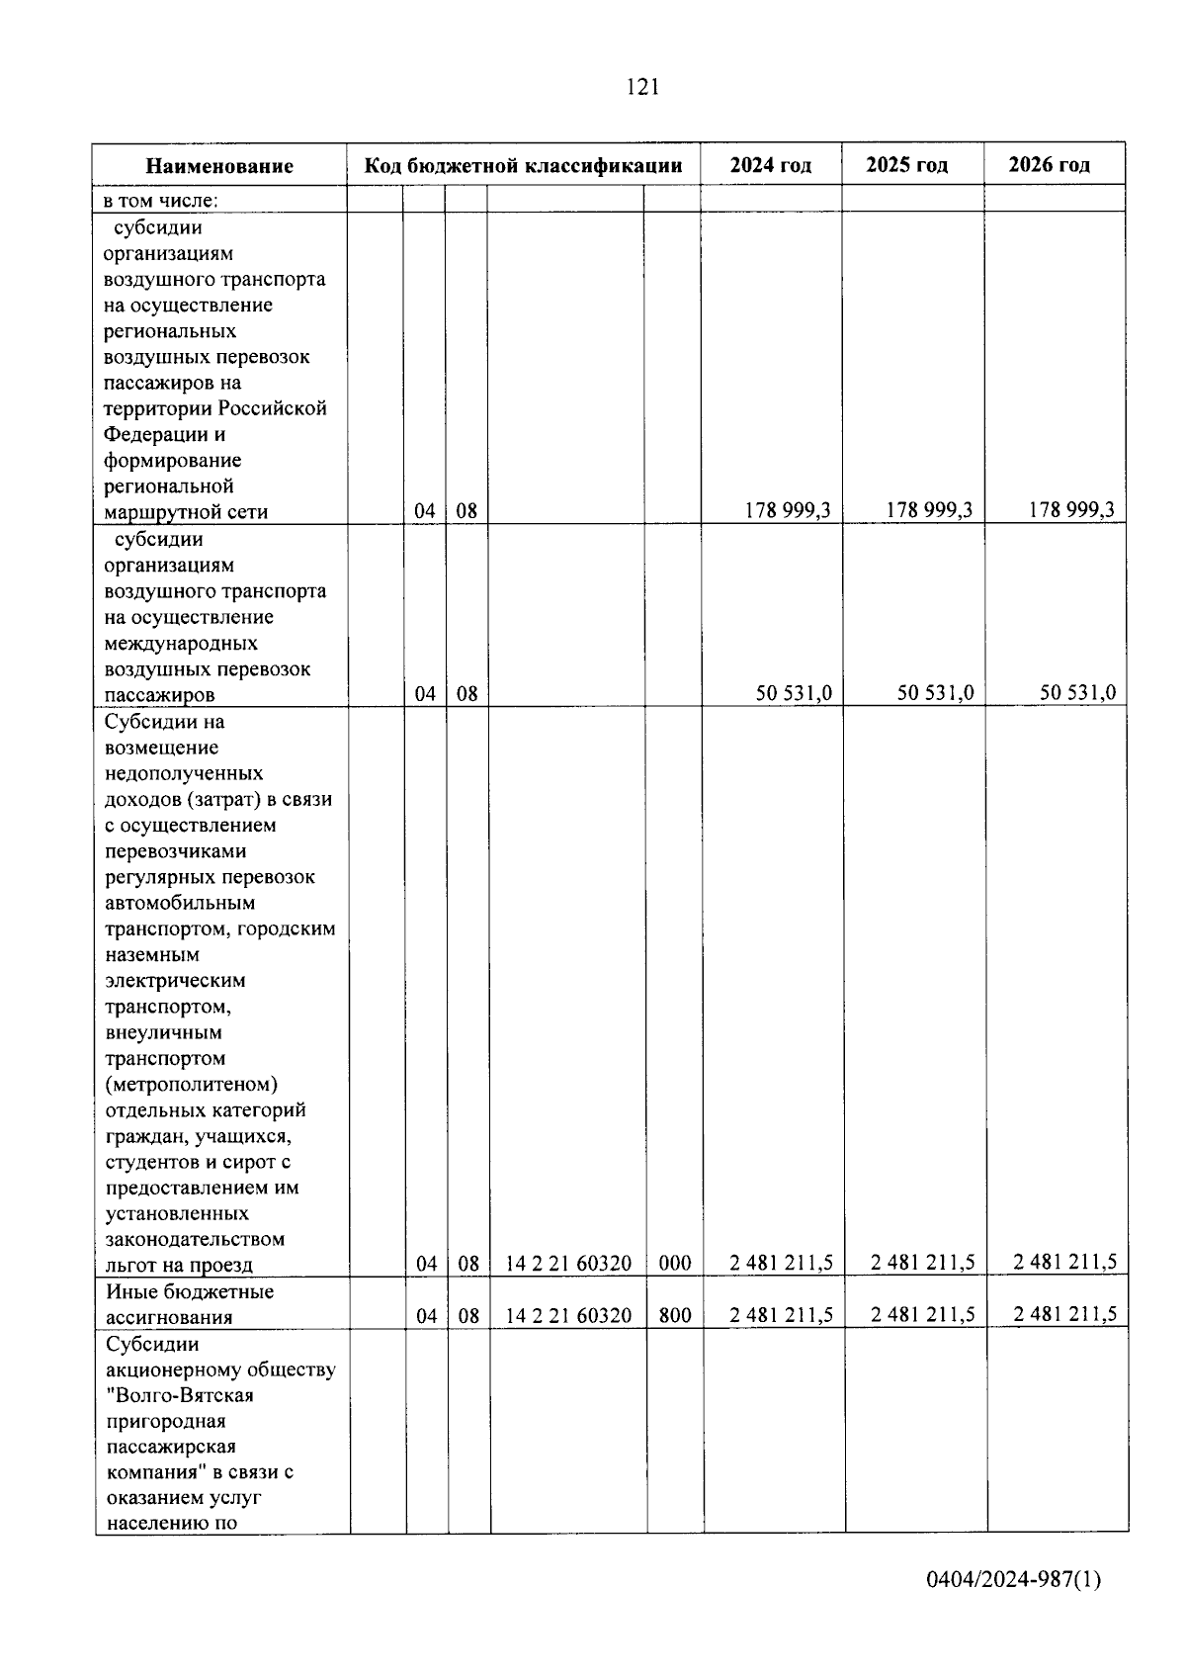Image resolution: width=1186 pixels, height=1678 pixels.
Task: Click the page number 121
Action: [x=642, y=87]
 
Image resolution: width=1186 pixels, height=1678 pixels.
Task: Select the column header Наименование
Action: [x=219, y=166]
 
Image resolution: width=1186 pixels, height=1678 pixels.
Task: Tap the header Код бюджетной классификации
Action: [x=523, y=165]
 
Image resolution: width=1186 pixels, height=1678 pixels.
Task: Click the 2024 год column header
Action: [x=771, y=165]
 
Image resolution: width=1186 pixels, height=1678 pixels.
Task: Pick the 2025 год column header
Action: [x=906, y=165]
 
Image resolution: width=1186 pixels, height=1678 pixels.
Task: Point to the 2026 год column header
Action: [x=1050, y=165]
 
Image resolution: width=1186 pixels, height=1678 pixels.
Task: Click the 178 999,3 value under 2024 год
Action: [x=788, y=510]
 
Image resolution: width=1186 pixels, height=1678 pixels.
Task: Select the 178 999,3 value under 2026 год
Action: [x=1070, y=510]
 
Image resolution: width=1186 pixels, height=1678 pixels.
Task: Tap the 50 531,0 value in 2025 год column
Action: [x=935, y=693]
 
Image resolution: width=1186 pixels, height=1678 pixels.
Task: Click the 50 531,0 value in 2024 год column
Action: [x=794, y=693]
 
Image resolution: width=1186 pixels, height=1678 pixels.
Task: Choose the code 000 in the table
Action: [x=675, y=1264]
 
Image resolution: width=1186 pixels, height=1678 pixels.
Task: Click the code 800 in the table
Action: [x=675, y=1316]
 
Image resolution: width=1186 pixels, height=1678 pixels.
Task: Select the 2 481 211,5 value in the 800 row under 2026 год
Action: [x=1065, y=1315]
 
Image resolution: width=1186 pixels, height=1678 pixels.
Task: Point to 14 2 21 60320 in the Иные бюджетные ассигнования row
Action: [x=568, y=1316]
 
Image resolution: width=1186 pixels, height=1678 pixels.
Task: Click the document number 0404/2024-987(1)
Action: [x=1013, y=1579]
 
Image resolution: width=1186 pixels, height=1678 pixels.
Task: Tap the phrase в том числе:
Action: [x=160, y=201]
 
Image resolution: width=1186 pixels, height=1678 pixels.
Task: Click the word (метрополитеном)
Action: [x=192, y=1085]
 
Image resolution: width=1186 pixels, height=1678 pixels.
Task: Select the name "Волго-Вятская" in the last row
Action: [x=180, y=1396]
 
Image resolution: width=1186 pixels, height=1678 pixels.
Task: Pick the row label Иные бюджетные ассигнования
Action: [x=189, y=1304]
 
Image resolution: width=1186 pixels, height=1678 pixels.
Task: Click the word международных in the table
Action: [x=181, y=644]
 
